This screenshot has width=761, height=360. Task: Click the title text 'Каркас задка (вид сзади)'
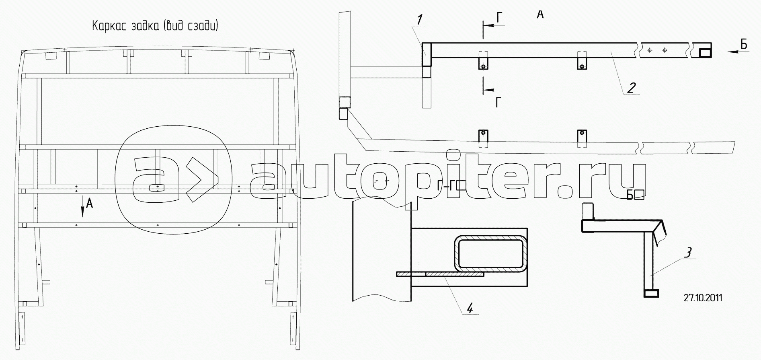tap(155, 27)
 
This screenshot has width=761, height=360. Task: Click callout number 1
tap(419, 19)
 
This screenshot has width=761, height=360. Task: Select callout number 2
tap(632, 87)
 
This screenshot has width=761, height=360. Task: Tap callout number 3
tap(688, 253)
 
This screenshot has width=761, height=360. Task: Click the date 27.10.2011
tap(703, 298)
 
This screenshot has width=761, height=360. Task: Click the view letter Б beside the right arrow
tap(744, 45)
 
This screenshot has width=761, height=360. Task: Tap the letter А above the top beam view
tap(540, 15)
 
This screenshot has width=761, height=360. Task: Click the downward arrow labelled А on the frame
tap(82, 206)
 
